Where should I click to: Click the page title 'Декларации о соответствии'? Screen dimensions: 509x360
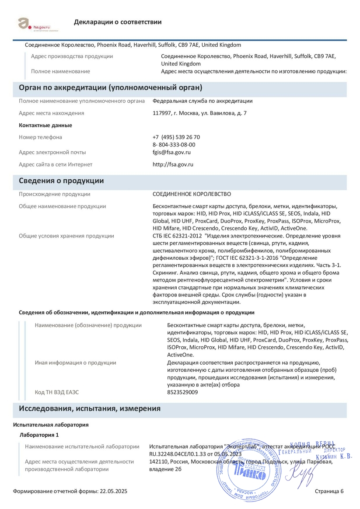[x=118, y=22]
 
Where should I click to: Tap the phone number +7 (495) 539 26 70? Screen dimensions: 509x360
[x=176, y=137]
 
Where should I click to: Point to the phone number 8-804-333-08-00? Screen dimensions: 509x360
[x=174, y=145]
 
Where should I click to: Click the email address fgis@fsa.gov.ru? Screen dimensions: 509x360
[x=171, y=152]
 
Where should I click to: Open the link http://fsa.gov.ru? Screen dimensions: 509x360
[x=173, y=164]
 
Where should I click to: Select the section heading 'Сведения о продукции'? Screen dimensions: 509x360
[x=61, y=181]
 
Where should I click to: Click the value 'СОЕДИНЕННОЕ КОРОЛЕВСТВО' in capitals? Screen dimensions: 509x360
[x=192, y=194]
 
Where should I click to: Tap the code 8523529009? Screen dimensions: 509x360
[x=182, y=392]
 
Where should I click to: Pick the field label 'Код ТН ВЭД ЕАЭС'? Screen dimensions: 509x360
[x=57, y=392]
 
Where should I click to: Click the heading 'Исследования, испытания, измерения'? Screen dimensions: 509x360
[x=90, y=408]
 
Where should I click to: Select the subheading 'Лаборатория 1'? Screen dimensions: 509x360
[x=39, y=435]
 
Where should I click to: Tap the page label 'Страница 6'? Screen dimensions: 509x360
[x=329, y=492]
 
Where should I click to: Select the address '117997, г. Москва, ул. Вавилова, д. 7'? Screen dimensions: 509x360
[x=199, y=113]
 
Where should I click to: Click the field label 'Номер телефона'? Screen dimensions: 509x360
[x=40, y=137]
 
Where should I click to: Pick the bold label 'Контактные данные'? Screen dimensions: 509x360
[x=45, y=126]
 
